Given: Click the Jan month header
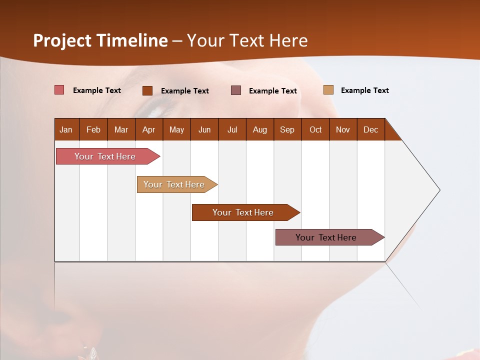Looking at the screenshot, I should (66, 129).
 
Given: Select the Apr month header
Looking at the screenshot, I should (148, 129).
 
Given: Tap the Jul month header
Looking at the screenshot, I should (232, 129).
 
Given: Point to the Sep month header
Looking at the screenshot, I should (287, 129).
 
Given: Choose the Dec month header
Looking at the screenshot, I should (370, 129).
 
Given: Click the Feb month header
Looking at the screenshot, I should (93, 129).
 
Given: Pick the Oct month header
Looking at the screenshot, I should (315, 129).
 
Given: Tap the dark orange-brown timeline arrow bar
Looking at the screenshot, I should (243, 212).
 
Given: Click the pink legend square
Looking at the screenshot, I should (59, 90).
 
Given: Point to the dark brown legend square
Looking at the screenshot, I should (147, 90).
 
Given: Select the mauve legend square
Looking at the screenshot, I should (236, 90).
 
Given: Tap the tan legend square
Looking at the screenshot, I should (328, 90).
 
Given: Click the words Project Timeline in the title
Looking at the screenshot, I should (100, 40).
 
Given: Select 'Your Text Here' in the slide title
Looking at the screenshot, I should (247, 40).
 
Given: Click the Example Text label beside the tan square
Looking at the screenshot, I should (364, 90).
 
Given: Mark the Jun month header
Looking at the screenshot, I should (204, 129).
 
